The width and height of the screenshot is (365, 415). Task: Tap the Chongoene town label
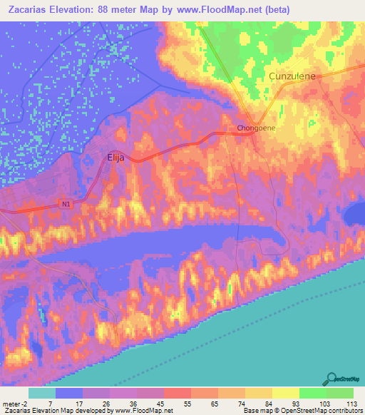pyautogui.click(x=256, y=128)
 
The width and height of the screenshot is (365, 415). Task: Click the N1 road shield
pyautogui.click(x=66, y=205)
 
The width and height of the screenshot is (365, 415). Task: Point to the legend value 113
pyautogui.click(x=349, y=403)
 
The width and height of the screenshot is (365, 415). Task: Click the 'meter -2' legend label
pyautogui.click(x=16, y=403)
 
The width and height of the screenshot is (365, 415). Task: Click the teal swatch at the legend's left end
pyautogui.click(x=41, y=393)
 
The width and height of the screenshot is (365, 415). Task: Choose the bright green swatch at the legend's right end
pyautogui.click(x=339, y=393)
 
